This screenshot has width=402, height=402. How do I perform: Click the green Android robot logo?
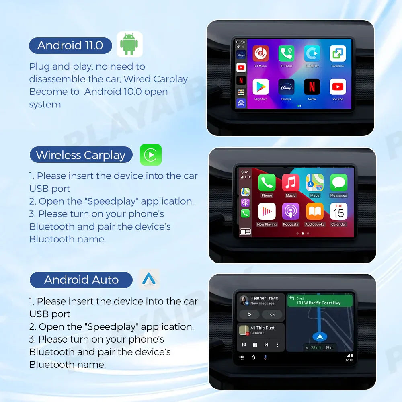click(129, 44)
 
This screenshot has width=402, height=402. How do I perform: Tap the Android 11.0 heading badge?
click(70, 45)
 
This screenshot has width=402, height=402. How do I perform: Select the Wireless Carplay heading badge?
click(81, 155)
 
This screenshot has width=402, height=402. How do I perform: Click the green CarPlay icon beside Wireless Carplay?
click(150, 155)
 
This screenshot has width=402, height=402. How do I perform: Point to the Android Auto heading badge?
click(81, 280)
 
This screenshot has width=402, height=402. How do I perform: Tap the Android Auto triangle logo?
click(149, 279)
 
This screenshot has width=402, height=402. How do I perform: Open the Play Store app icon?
click(260, 87)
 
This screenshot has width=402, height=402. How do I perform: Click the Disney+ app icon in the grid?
click(286, 87)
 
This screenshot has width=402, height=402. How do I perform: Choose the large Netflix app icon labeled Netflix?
click(312, 87)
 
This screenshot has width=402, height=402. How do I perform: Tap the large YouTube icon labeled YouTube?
click(338, 87)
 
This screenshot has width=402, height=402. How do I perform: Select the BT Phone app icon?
click(286, 53)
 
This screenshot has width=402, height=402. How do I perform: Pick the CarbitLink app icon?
click(338, 53)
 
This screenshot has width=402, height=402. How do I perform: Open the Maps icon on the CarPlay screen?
click(315, 183)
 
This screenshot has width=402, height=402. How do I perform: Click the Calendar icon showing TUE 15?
click(338, 211)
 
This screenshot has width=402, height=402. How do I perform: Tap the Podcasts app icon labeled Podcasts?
click(291, 211)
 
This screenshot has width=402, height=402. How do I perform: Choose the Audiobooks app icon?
click(315, 211)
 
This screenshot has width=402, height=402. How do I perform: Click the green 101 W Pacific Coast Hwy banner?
click(320, 301)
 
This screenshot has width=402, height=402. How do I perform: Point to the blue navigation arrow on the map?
click(320, 336)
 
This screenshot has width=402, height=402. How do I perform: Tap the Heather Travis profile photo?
click(244, 300)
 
